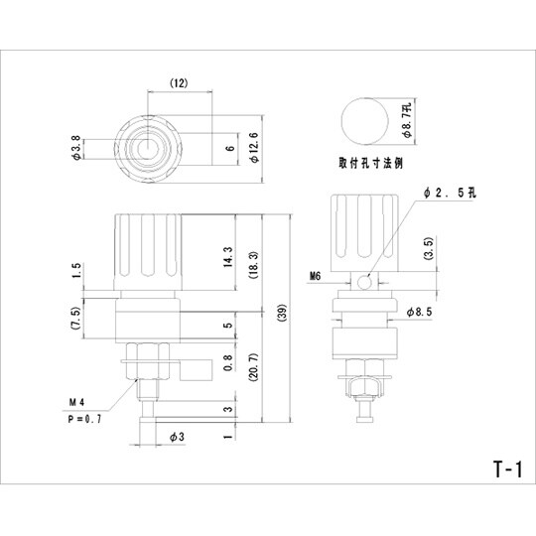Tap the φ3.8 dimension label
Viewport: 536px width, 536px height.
(x=78, y=150)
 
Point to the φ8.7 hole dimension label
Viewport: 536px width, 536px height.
(x=406, y=124)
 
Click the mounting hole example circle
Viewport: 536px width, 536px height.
(x=364, y=124)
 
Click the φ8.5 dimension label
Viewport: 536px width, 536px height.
(x=419, y=311)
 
